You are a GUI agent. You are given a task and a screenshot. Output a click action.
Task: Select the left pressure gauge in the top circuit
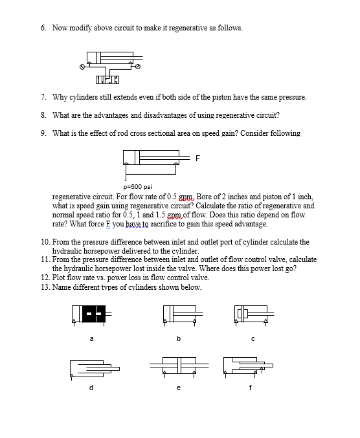coord(82,66)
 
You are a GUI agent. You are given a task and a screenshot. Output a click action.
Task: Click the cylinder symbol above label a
coord(91,312)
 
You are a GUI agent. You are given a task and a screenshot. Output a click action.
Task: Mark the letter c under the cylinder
coord(253,337)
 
